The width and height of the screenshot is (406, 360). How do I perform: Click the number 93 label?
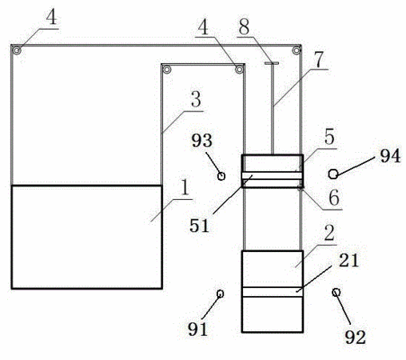click(202, 141)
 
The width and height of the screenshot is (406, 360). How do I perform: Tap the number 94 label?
click(390, 156)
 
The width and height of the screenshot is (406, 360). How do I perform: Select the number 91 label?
click(197, 329)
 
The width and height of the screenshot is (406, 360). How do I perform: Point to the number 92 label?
click(356, 338)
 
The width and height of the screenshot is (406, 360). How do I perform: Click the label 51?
click(199, 226)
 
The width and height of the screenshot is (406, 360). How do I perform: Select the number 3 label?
click(196, 99)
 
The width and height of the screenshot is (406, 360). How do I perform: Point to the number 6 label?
click(334, 198)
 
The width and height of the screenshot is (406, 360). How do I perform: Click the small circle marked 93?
click(221, 176)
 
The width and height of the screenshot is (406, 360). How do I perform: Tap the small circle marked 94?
click(333, 174)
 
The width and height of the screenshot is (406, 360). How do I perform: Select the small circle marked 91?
click(220, 294)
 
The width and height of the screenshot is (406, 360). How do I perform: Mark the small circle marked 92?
click(336, 292)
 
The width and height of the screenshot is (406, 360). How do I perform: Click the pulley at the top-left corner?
click(17, 50)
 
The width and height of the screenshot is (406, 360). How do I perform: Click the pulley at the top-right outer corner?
click(297, 50)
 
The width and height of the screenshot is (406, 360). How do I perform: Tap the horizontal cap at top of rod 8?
click(272, 63)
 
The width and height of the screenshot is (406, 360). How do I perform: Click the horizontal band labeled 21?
click(273, 292)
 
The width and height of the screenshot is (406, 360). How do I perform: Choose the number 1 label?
click(185, 187)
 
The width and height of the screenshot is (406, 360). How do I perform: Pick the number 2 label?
click(329, 233)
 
